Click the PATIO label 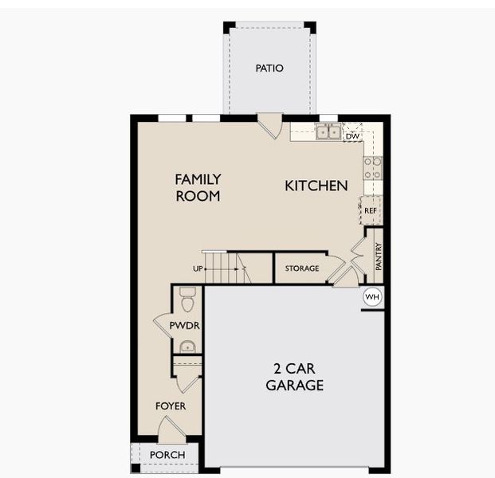point(269,69)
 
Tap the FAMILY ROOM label point(198,187)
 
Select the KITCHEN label point(316,186)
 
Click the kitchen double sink point(328,133)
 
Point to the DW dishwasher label point(352,136)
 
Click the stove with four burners point(372,168)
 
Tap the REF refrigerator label point(371,210)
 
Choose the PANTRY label point(379,257)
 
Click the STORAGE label point(302,268)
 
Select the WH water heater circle point(372,297)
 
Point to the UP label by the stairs point(197,268)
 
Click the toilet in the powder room point(187,300)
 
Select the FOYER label point(171,406)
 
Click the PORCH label point(167,455)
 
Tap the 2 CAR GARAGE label point(295,378)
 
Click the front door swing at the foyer point(170,430)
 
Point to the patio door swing point(271,125)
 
